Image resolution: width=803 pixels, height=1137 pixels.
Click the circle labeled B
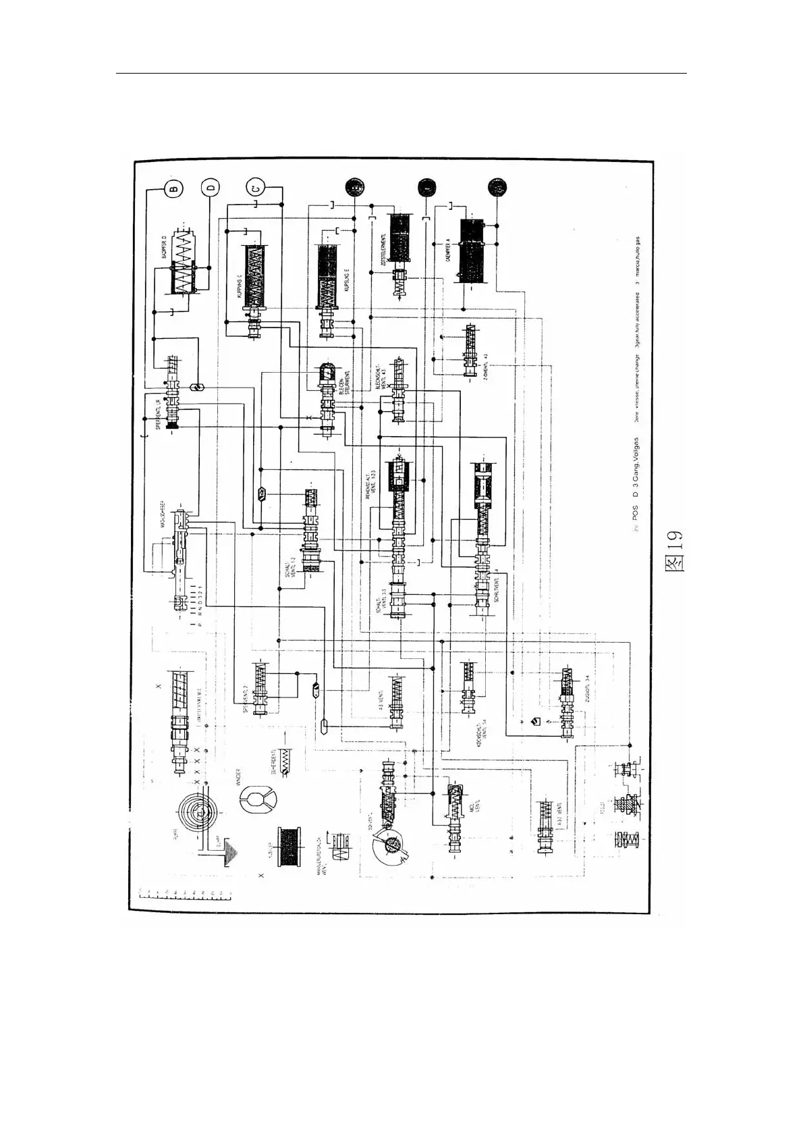tap(173, 188)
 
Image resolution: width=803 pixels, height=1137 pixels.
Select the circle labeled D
tap(210, 188)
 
